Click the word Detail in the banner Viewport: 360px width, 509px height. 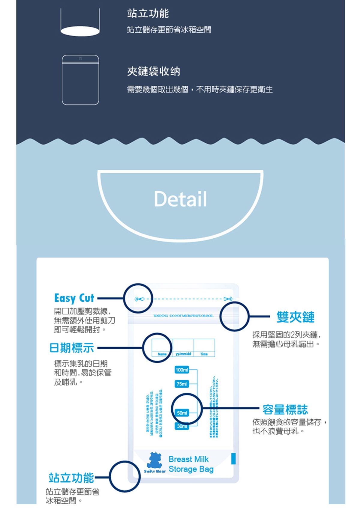coord(180,199)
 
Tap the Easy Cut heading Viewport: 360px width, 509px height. coord(74,298)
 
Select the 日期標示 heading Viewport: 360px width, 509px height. coord(72,348)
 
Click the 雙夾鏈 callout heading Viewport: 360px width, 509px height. coord(295,317)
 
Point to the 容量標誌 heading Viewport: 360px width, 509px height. coord(285,409)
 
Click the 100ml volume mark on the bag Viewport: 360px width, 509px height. coord(182,370)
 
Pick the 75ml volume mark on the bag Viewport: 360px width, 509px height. coord(182,384)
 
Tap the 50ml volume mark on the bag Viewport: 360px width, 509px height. coord(182,413)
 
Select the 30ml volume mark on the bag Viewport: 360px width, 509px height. coord(182,426)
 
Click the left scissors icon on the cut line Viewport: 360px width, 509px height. coord(138,299)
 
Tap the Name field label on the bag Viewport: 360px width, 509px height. coord(162,354)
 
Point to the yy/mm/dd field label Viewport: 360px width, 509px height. coord(183,354)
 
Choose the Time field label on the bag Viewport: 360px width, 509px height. coord(204,354)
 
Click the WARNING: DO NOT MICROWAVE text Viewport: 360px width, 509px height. coord(183,316)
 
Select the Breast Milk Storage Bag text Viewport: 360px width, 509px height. coord(191,464)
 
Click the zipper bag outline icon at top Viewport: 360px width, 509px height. coord(80,80)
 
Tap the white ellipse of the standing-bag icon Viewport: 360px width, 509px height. coord(80,31)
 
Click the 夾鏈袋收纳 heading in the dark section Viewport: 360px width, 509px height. coord(154,71)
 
